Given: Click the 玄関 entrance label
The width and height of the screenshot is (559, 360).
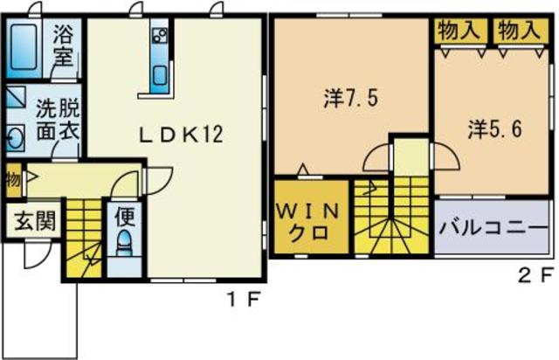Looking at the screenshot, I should coord(35,220).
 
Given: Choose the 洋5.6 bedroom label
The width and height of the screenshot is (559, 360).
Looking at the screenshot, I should coord(494,129).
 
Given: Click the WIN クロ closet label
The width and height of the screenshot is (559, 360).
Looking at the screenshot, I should coord(307,222).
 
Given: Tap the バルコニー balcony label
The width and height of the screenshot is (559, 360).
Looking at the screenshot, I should coord(494,230).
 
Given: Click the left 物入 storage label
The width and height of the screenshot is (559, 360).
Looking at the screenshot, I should coord(458,30).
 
